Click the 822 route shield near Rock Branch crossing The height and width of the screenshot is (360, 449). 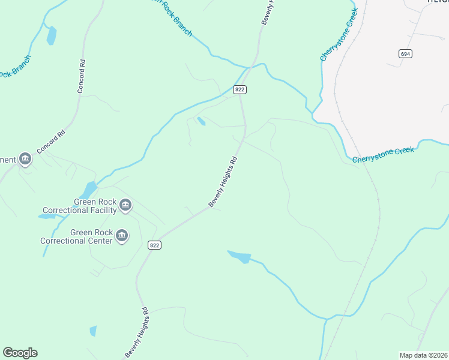click(240, 90)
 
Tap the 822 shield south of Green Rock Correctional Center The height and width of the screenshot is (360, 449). click(154, 245)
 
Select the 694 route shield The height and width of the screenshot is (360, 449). click(406, 54)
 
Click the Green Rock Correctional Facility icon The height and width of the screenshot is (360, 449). click(125, 205)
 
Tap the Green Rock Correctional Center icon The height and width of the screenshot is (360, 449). click(122, 236)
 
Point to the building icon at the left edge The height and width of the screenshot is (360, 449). click(25, 160)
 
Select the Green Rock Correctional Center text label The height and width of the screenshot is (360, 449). click(76, 236)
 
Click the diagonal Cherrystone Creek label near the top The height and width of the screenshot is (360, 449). click(339, 35)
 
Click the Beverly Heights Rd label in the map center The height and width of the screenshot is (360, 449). click(224, 182)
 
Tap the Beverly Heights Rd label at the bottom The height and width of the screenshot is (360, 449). click(137, 333)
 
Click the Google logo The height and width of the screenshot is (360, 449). click(20, 352)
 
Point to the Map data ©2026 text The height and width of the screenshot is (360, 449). click(423, 355)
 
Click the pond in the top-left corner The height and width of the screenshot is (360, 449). click(52, 36)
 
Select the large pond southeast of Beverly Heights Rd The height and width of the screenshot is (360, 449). click(240, 257)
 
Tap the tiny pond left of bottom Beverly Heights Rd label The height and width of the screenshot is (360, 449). click(93, 331)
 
